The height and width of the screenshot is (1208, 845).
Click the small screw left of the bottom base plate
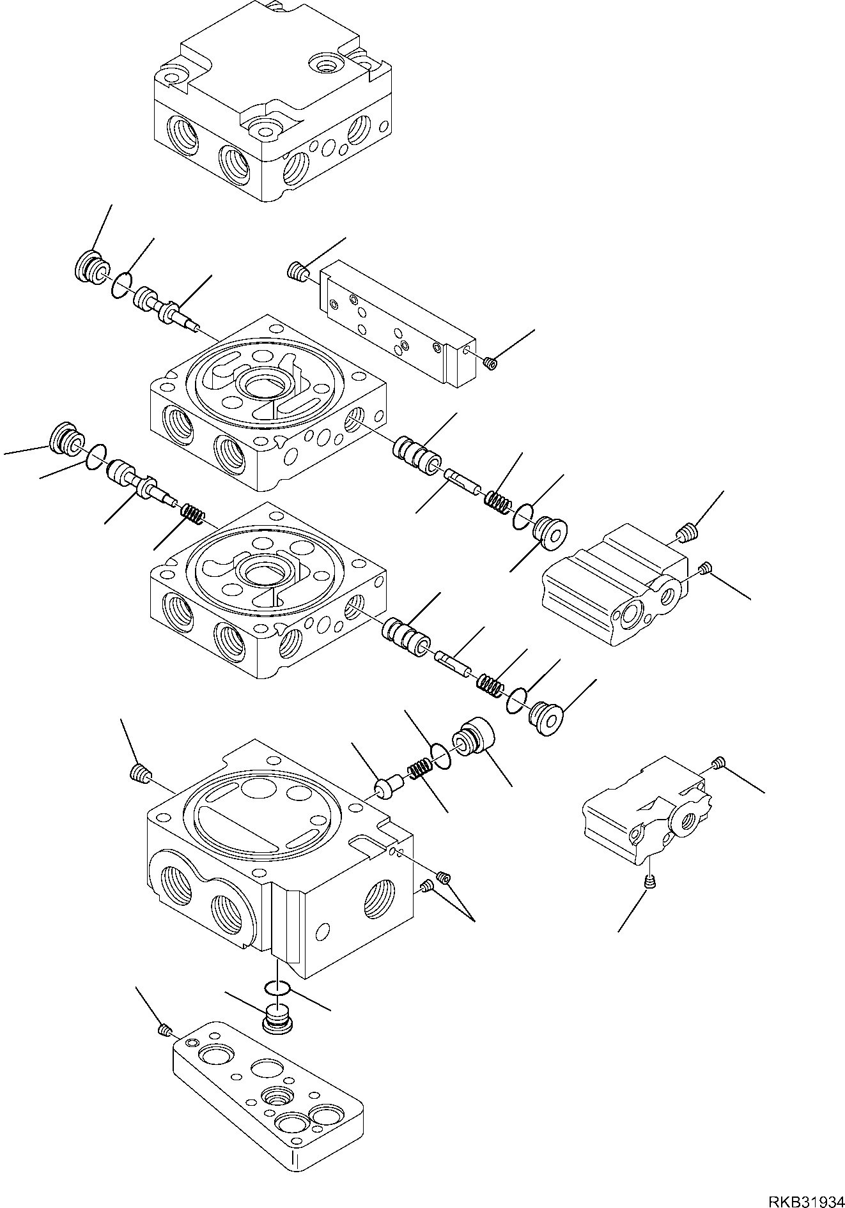pos(165,1029)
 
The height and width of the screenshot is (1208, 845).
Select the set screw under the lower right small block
pos(649,883)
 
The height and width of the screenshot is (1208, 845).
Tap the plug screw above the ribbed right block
pos(686,531)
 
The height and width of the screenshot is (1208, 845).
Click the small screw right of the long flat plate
pos(491,363)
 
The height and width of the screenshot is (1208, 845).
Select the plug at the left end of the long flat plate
pos(295,273)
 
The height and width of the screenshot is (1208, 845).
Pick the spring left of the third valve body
pos(191,512)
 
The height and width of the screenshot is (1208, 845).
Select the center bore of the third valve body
pos(263,572)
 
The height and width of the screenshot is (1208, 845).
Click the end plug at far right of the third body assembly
pos(547,717)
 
